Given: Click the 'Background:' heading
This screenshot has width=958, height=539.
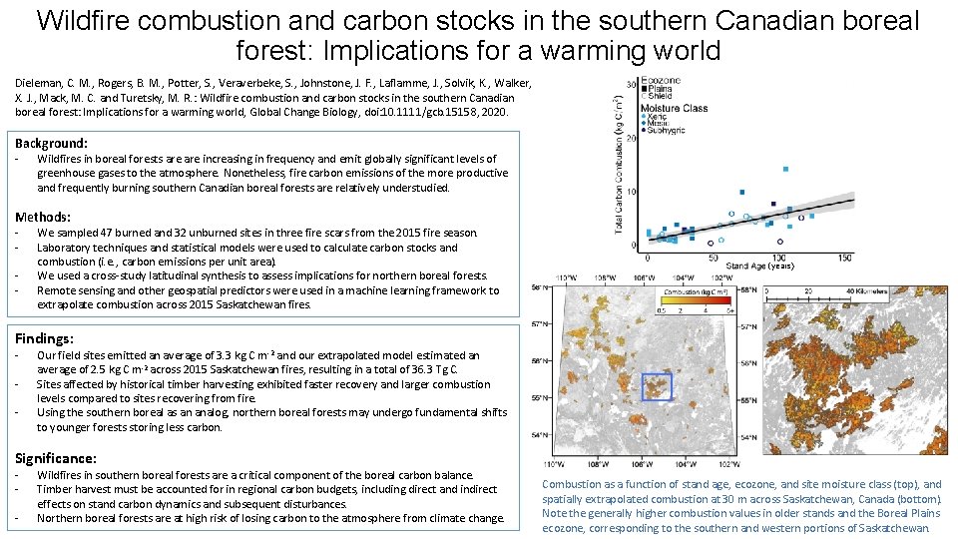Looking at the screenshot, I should point(51,144).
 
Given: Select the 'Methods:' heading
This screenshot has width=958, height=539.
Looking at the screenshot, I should point(43,217).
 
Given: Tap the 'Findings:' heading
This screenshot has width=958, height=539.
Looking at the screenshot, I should point(45,339).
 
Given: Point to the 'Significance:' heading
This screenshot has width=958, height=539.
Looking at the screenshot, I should point(56,458).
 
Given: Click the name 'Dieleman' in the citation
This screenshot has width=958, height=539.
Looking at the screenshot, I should point(37,83).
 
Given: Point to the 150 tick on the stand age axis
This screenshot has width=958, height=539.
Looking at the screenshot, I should point(844,258).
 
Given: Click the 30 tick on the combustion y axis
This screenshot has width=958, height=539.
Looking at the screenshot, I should point(632,83).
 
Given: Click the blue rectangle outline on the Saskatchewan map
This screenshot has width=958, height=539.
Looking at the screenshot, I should point(657,386).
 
